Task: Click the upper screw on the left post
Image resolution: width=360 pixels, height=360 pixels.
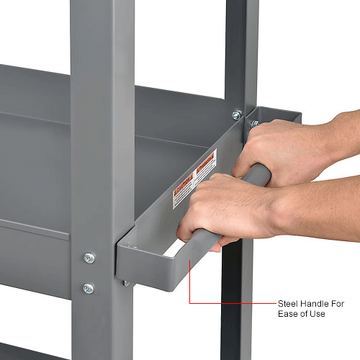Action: coord(89,258)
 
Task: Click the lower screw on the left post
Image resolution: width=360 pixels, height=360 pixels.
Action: coord(88,288)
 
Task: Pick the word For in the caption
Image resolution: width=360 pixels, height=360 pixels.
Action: coord(337,304)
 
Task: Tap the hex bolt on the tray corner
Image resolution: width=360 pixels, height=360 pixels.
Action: coord(236,115)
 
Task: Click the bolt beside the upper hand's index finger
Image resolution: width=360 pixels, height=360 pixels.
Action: coord(254,124)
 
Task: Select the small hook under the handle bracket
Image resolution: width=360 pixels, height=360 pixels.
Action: coord(127,283)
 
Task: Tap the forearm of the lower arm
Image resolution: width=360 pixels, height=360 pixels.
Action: coord(317,212)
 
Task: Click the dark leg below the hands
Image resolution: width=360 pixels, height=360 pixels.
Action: coord(234,302)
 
